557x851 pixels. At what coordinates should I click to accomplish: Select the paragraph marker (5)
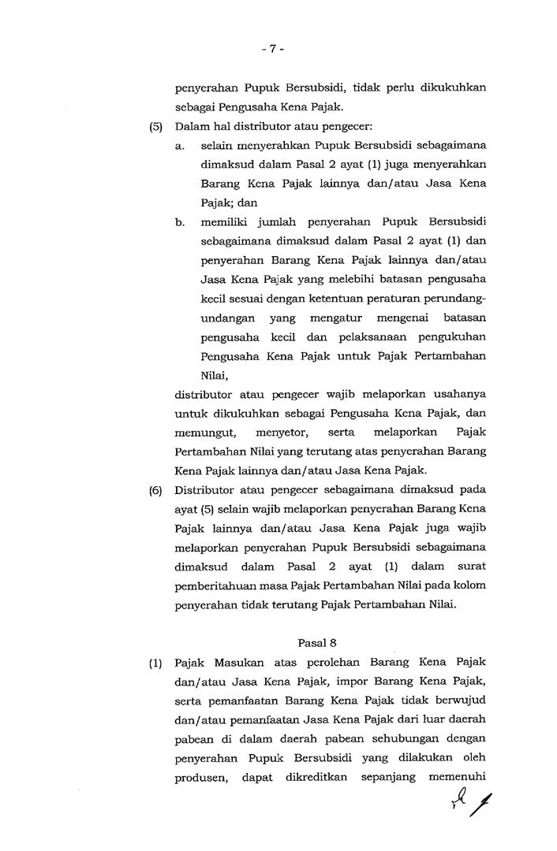[x=155, y=126]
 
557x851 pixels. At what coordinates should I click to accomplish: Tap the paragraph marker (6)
[x=155, y=490]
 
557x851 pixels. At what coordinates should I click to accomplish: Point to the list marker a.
[x=181, y=146]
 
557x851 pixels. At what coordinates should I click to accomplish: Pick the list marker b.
[x=181, y=223]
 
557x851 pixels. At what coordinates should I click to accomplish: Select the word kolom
[x=469, y=585]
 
